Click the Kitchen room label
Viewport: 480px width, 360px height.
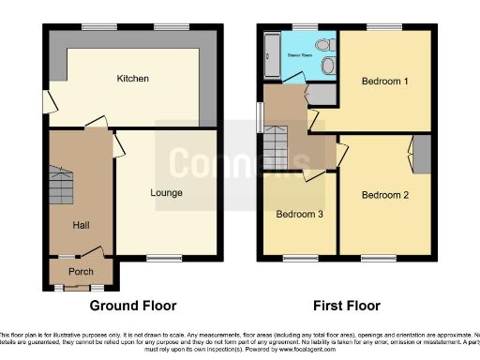132,79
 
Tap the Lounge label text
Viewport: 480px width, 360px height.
166,193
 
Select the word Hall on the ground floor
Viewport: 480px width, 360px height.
80,226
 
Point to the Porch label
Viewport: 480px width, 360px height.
81,273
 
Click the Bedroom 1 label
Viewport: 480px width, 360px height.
385,81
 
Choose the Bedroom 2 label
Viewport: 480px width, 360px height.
385,195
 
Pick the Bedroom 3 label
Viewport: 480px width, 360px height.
299,214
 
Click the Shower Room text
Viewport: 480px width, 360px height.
299,55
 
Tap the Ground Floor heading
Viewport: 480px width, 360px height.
133,306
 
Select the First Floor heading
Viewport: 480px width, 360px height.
348,306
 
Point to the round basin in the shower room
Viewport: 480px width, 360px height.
328,66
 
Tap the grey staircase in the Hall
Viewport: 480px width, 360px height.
60,184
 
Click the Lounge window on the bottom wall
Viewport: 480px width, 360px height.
165,257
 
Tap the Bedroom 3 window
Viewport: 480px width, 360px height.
299,257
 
